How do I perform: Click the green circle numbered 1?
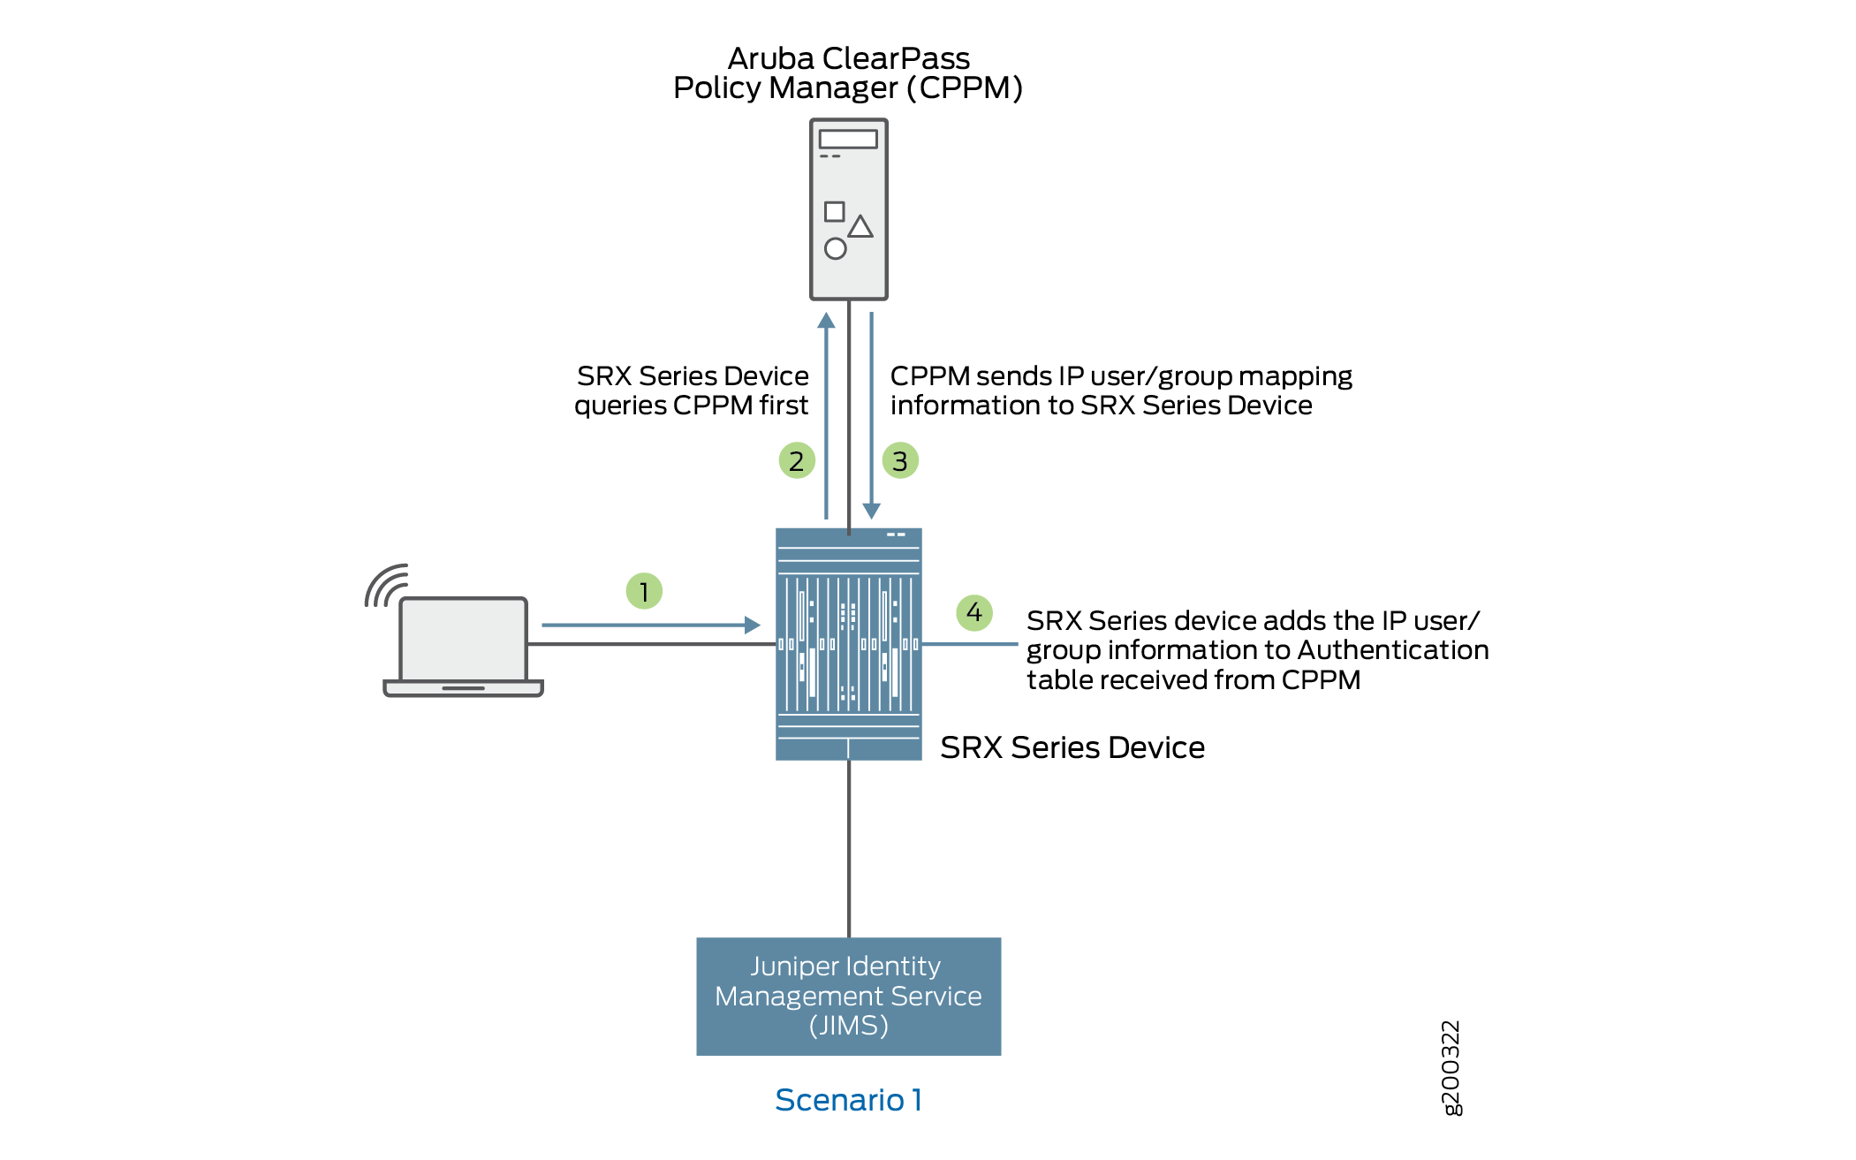[x=644, y=591]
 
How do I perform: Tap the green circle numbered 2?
[x=797, y=460]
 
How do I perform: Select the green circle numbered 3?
[x=900, y=460]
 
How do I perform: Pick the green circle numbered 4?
[x=974, y=612]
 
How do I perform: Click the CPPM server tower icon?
[x=848, y=209]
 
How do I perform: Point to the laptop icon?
[x=463, y=646]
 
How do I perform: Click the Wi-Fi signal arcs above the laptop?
[x=386, y=585]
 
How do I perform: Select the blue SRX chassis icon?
[x=848, y=643]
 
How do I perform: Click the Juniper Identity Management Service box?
[x=848, y=996]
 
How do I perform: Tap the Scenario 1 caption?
[x=848, y=1100]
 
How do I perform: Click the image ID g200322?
[x=1451, y=1068]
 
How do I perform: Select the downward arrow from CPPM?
[x=872, y=415]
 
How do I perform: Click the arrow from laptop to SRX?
[x=650, y=625]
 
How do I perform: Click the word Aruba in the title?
[x=770, y=58]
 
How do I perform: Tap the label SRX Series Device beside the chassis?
[x=1072, y=747]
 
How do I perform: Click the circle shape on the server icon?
[x=835, y=248]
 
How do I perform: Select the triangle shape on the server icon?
[x=860, y=226]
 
